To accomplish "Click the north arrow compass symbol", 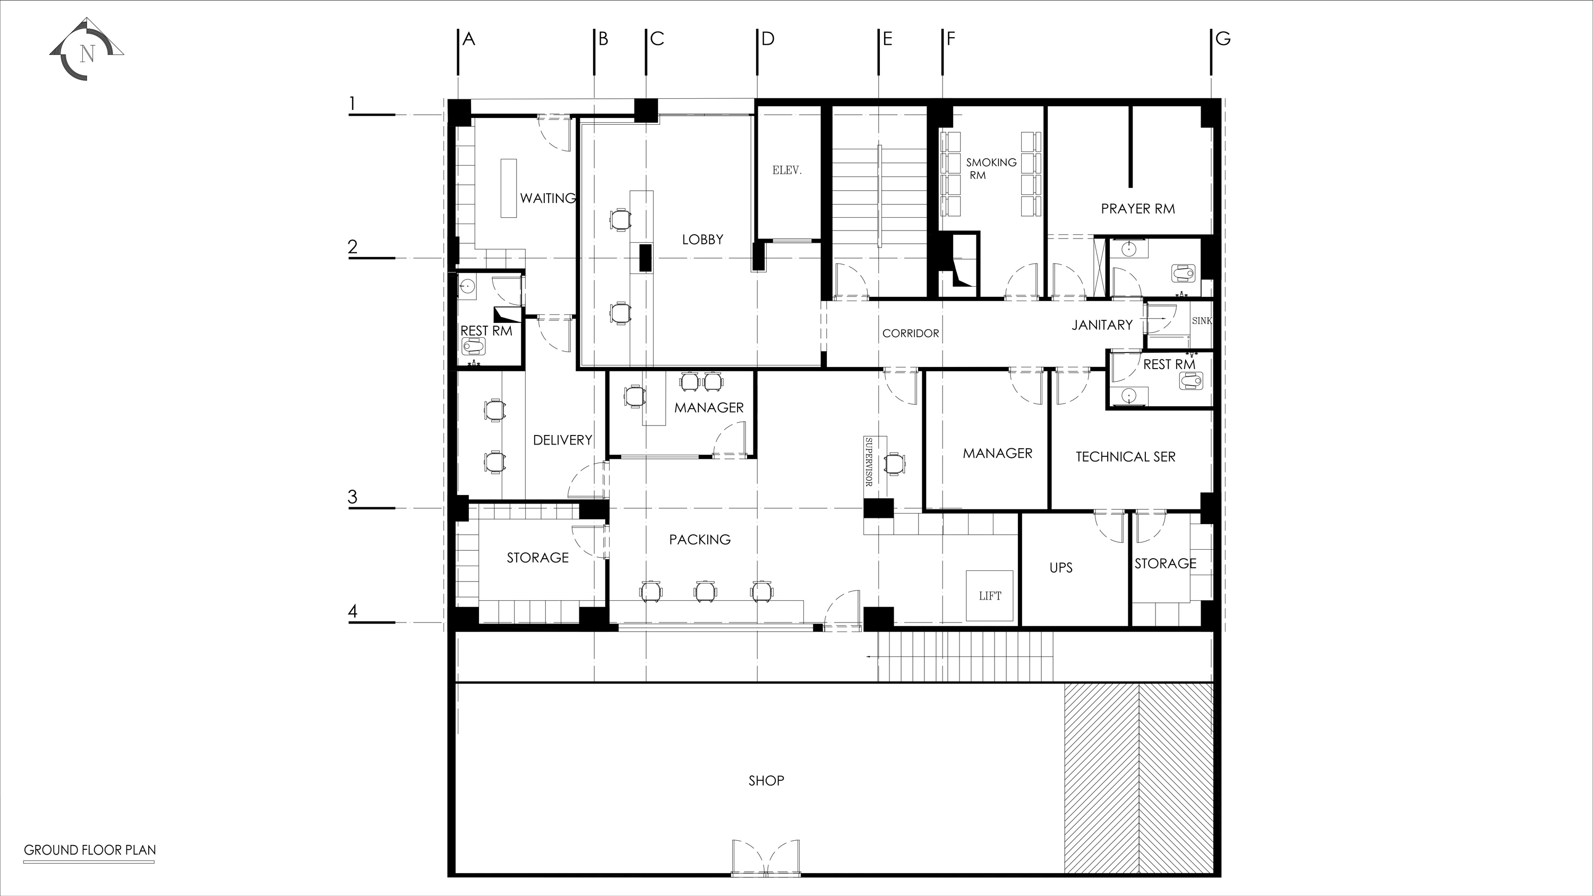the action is coord(87,49).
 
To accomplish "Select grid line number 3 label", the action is coord(353,497).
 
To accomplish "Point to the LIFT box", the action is coord(989,596).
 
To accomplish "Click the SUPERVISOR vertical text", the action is coord(868,462).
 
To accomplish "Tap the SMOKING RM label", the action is coord(991,169).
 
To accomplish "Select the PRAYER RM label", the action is coord(1138,209).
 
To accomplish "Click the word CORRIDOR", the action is coord(910,334).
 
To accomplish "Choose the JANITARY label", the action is coord(1102,325).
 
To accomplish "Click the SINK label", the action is coord(1202,321).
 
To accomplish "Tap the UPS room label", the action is coord(1061,568).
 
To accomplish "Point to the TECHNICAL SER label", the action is coord(1126,457).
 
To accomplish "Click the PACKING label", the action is coord(700,540).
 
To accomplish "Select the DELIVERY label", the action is coord(563,440).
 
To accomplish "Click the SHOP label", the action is coord(766,781).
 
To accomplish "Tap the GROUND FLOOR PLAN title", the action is coord(90,850).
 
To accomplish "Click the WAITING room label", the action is coord(548,199).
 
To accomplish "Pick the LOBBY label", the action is coord(703,240).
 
